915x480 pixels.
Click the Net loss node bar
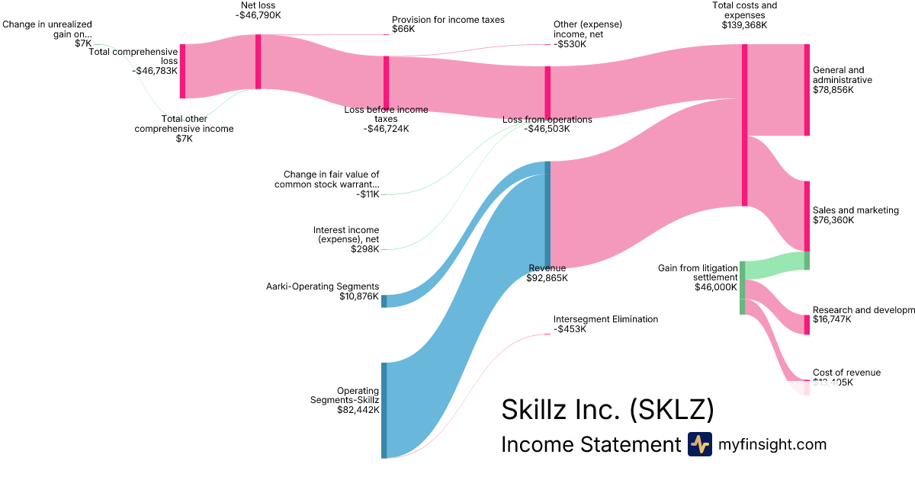258,62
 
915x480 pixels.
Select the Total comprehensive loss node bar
182,71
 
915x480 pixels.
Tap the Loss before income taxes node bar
386,83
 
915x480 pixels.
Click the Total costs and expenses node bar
744,125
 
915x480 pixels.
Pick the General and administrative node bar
807,90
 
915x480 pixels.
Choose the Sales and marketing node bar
807,216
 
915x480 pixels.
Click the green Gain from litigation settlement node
742,288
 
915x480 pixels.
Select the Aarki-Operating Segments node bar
384,301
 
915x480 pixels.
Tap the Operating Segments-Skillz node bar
384,410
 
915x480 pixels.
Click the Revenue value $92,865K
547,278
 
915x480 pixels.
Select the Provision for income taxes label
448,20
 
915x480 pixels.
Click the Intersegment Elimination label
605,319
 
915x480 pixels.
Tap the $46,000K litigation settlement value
715,287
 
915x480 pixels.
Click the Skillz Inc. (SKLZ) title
607,410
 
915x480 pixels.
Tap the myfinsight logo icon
699,444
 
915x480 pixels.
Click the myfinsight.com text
772,444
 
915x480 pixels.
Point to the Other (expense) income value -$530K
570,44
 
